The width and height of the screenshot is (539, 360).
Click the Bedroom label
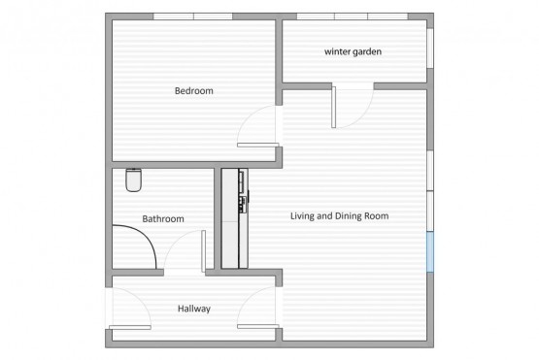pos(194,90)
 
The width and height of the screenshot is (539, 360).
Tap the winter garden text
pos(354,51)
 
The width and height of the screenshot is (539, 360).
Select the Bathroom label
pos(163,219)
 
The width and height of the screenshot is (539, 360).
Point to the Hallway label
pos(194,309)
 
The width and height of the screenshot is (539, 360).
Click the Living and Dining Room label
pos(340,216)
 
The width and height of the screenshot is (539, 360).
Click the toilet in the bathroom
pos(134,180)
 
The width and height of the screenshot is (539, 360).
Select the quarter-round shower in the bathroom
pos(134,246)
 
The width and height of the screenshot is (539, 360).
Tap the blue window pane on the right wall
pos(430,251)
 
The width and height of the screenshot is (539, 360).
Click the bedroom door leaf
pos(257,146)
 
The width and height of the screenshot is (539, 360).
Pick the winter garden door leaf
pos(333,107)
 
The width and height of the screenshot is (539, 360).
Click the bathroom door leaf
pos(204,251)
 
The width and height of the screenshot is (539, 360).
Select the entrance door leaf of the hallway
pos(130,327)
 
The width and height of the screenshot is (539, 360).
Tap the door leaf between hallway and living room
pos(257,326)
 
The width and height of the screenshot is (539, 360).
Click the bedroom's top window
pos(193,16)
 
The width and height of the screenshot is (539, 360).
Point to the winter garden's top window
pos(353,16)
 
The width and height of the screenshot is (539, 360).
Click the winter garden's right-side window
pos(430,49)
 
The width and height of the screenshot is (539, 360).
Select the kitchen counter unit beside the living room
pos(234,218)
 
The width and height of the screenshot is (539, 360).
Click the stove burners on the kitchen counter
pos(243,204)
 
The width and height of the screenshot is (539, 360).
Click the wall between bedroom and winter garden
pos(279,59)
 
